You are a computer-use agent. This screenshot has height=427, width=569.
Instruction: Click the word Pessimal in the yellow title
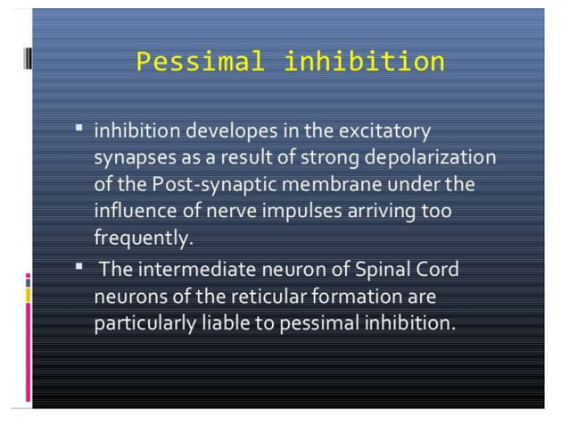tap(201, 63)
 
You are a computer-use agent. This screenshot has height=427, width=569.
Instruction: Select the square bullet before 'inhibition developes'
tap(79, 129)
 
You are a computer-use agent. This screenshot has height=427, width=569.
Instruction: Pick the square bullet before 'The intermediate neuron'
tap(79, 265)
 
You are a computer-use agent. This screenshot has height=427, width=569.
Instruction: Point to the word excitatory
tap(381, 131)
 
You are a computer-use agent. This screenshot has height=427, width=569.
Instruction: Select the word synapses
tap(131, 158)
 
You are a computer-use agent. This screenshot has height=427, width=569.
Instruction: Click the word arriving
tap(387, 212)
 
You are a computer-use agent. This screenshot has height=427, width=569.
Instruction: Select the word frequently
tap(141, 239)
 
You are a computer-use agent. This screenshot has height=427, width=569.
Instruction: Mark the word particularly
tap(146, 322)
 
